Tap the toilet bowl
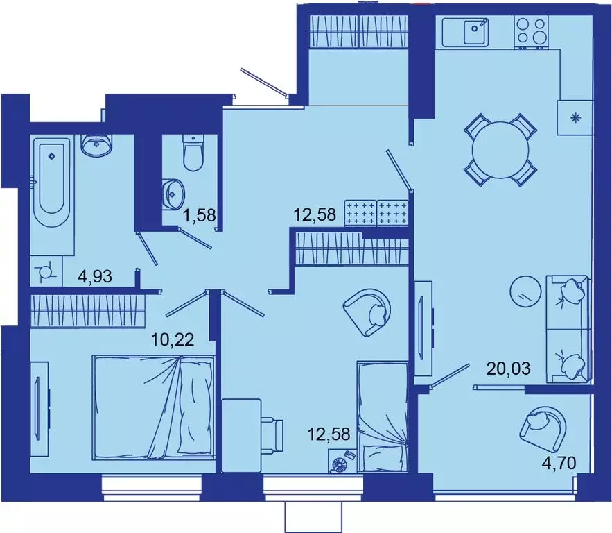tap(193, 153)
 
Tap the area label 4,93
tap(96, 278)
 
